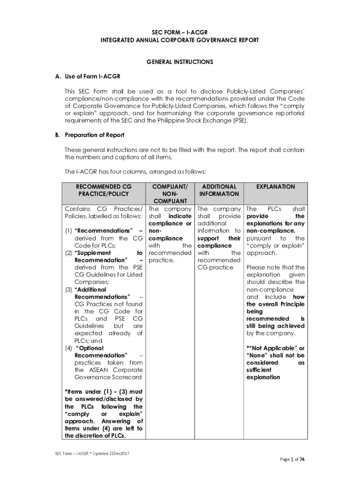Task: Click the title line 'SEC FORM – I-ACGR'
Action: point(180,32)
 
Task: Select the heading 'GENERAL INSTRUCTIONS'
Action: point(180,62)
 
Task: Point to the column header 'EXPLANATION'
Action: point(275,187)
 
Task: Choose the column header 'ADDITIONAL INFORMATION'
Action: point(218,190)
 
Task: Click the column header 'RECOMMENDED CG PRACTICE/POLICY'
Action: point(103,190)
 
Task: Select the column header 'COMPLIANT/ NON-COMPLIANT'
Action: point(170,194)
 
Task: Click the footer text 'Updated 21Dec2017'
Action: point(108,454)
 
